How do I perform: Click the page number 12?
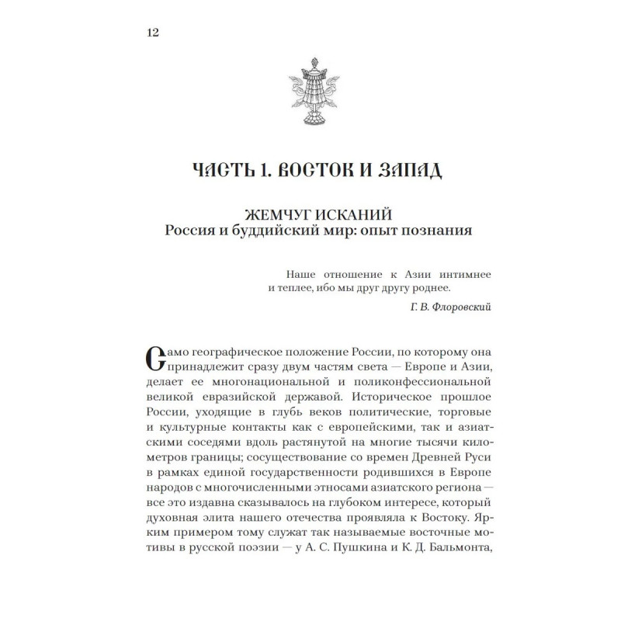click(151, 33)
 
